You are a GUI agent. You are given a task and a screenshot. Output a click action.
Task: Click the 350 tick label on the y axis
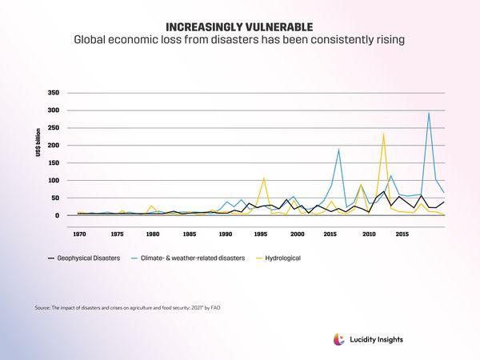pyautogui.click(x=53, y=93)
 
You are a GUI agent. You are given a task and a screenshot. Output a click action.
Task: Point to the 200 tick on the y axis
pyautogui.click(x=53, y=146)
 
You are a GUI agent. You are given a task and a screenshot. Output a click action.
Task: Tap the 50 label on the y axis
pyautogui.click(x=55, y=198)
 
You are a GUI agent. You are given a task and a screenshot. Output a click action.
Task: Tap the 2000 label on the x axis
pyautogui.click(x=298, y=234)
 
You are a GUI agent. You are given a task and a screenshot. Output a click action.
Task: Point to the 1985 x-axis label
pyautogui.click(x=190, y=234)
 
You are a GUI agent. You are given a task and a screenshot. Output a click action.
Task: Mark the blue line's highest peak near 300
pyautogui.click(x=429, y=112)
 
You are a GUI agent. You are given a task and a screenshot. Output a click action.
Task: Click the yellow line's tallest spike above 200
pyautogui.click(x=384, y=133)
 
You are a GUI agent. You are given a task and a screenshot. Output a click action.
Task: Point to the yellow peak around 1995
pyautogui.click(x=264, y=178)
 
